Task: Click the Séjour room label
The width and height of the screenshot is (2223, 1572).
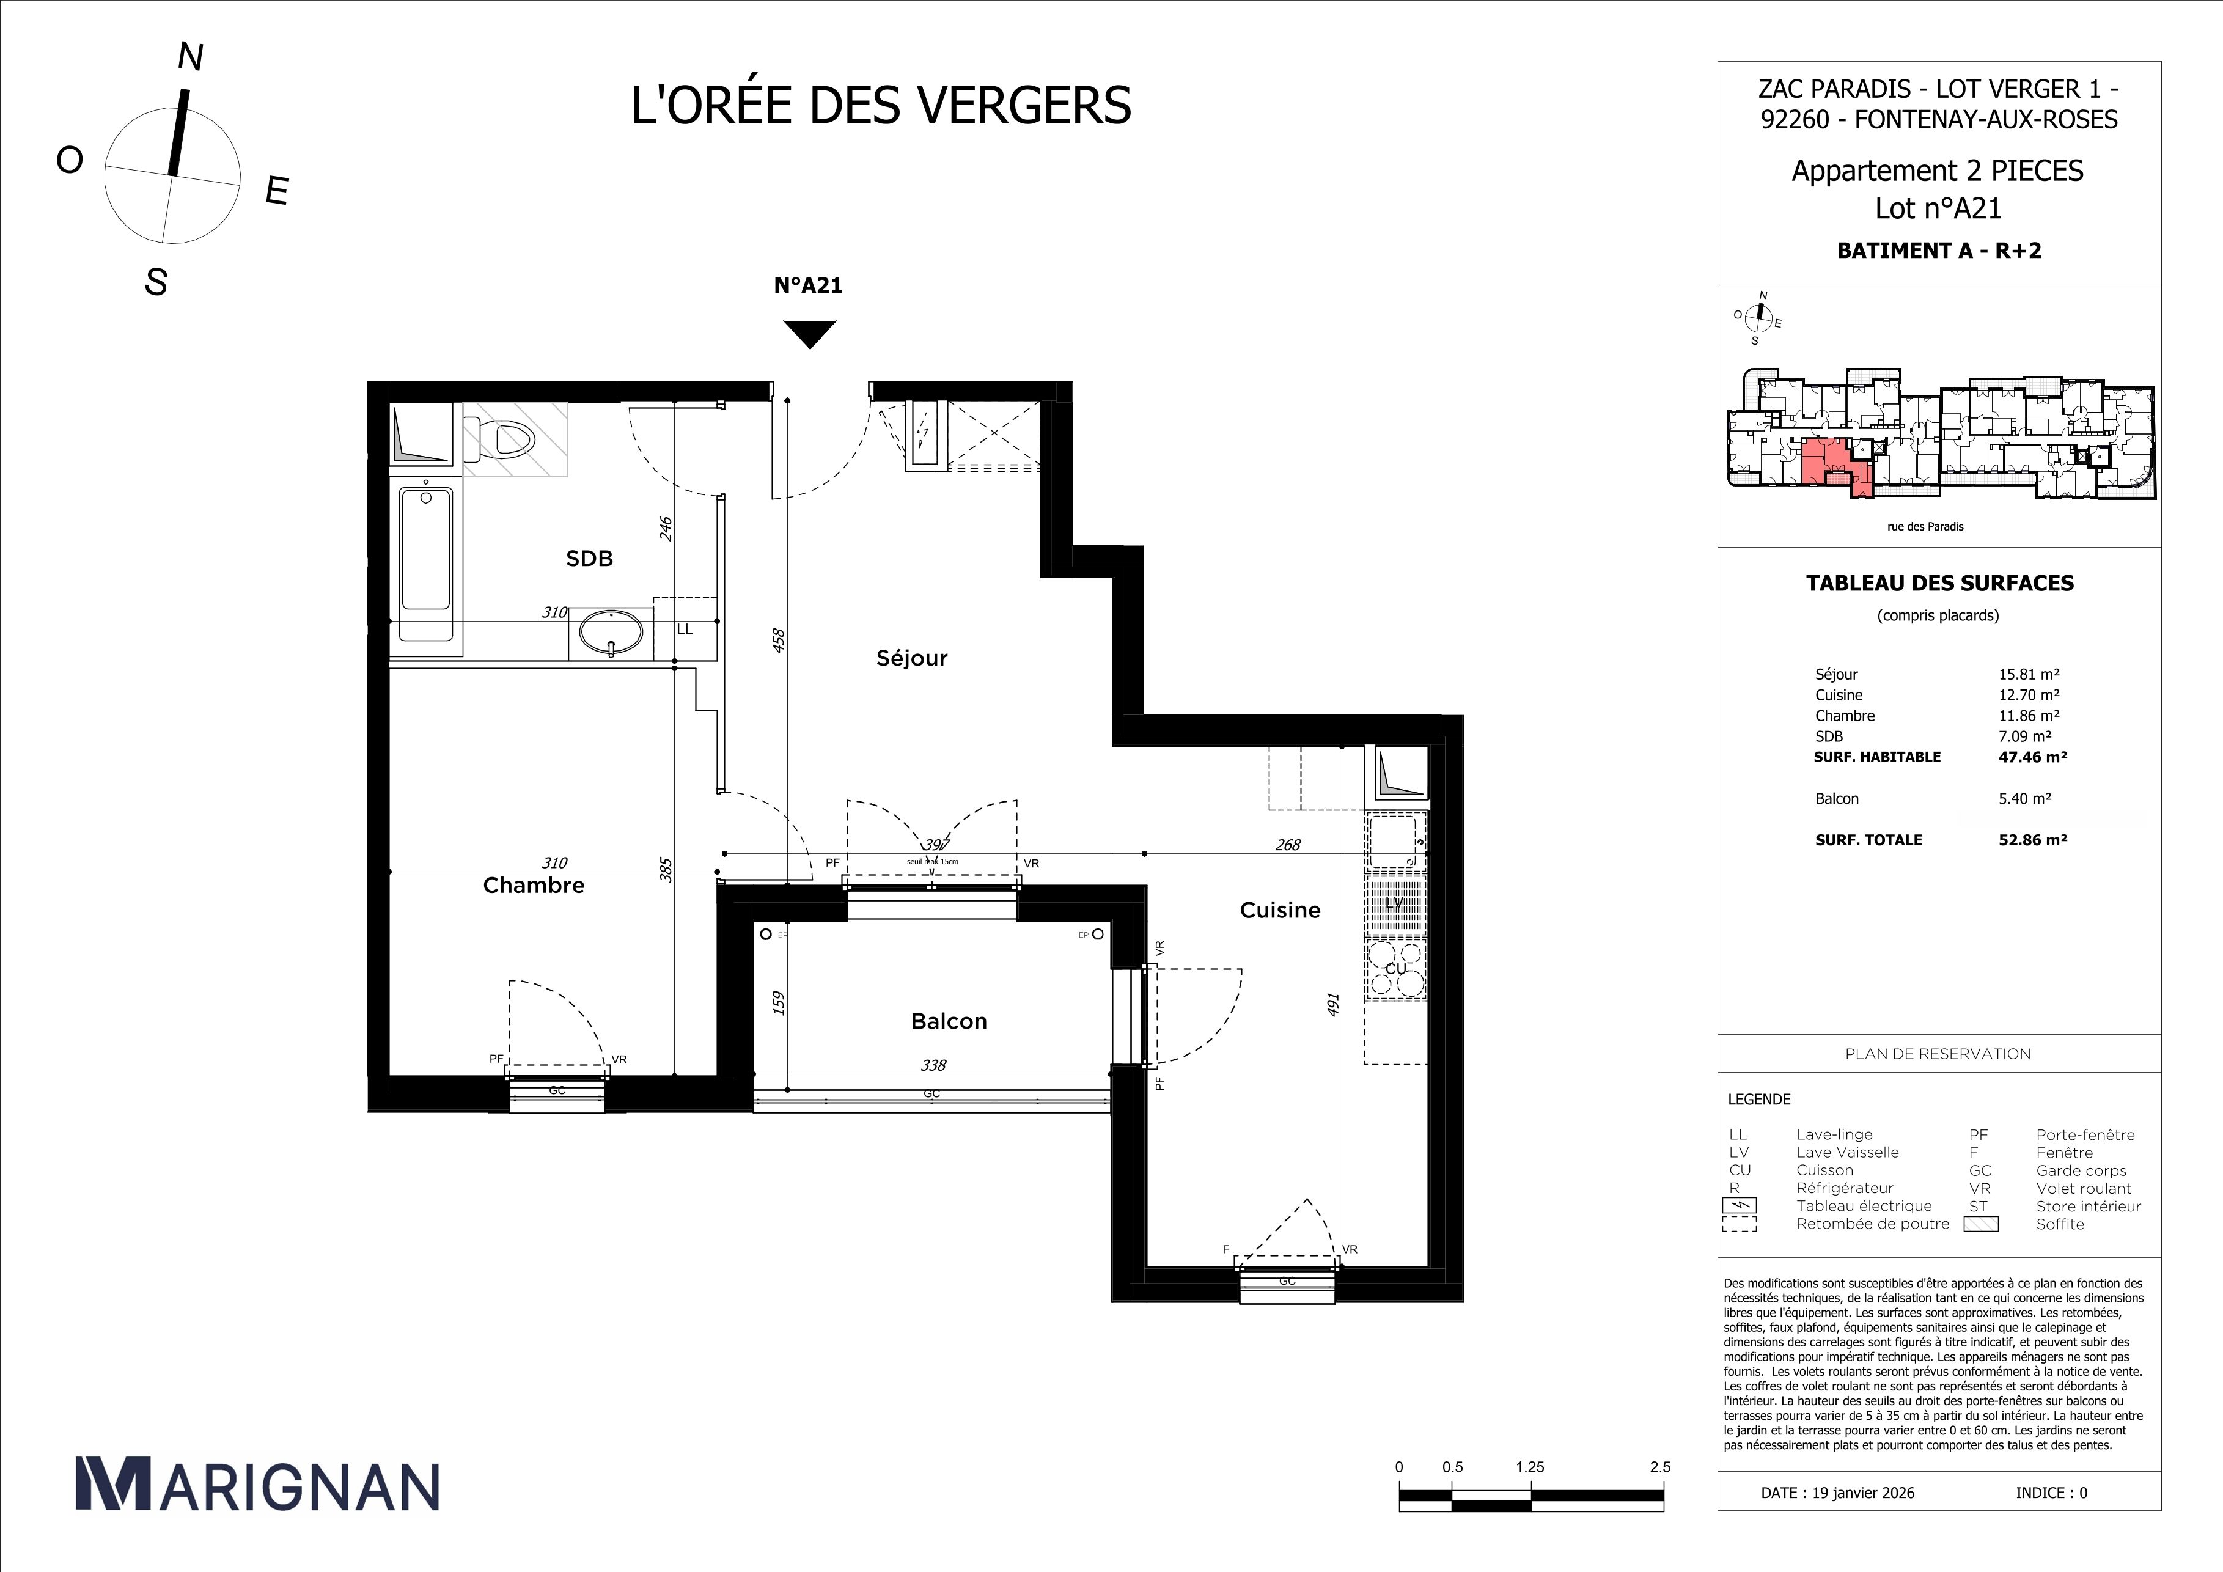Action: [x=911, y=658]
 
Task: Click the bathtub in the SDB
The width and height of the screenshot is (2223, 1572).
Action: [x=426, y=562]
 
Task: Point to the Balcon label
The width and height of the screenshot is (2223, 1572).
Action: [x=948, y=1021]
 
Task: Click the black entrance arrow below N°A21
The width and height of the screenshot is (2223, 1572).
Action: [x=809, y=333]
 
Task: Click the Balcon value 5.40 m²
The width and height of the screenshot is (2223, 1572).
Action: [x=2024, y=799]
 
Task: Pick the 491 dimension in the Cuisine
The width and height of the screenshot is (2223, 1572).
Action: [x=1332, y=1004]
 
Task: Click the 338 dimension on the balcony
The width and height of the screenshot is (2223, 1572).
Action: [x=932, y=1065]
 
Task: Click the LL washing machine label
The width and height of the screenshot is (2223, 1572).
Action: [x=685, y=629]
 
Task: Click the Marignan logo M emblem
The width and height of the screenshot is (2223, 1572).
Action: [x=113, y=1484]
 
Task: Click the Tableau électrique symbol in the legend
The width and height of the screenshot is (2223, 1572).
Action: [x=1739, y=1206]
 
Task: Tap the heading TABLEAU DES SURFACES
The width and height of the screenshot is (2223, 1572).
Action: [x=1939, y=582]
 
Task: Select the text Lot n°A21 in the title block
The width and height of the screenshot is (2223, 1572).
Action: [x=1938, y=208]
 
